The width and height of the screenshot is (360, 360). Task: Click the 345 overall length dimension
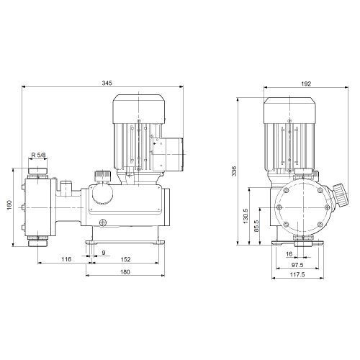point(107,83)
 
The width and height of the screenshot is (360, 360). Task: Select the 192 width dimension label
point(306,84)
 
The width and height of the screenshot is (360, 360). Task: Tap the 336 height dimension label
point(234,171)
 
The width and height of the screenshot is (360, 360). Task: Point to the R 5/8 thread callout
point(38,155)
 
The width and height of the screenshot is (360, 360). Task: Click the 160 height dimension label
point(9,205)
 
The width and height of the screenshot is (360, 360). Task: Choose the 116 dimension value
point(66,259)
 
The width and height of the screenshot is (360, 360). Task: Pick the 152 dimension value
point(125,259)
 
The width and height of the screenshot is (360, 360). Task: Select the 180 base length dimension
point(125,272)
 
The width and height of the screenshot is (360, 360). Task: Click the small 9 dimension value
point(104,253)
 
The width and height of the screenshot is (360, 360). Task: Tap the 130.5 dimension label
point(246,216)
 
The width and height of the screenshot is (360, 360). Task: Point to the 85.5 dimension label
point(256,226)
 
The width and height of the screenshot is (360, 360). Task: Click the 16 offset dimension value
point(289,254)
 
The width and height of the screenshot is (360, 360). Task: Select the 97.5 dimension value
point(297,265)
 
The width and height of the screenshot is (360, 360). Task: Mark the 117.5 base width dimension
point(297,274)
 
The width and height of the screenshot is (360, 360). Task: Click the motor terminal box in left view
point(168,154)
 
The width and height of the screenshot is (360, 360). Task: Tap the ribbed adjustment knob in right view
point(341,195)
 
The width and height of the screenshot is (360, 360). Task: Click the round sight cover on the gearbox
point(102,194)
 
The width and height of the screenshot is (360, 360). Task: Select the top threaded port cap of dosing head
point(38,171)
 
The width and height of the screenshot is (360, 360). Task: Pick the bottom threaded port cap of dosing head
point(38,243)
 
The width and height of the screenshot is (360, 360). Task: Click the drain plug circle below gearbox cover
point(103,222)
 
